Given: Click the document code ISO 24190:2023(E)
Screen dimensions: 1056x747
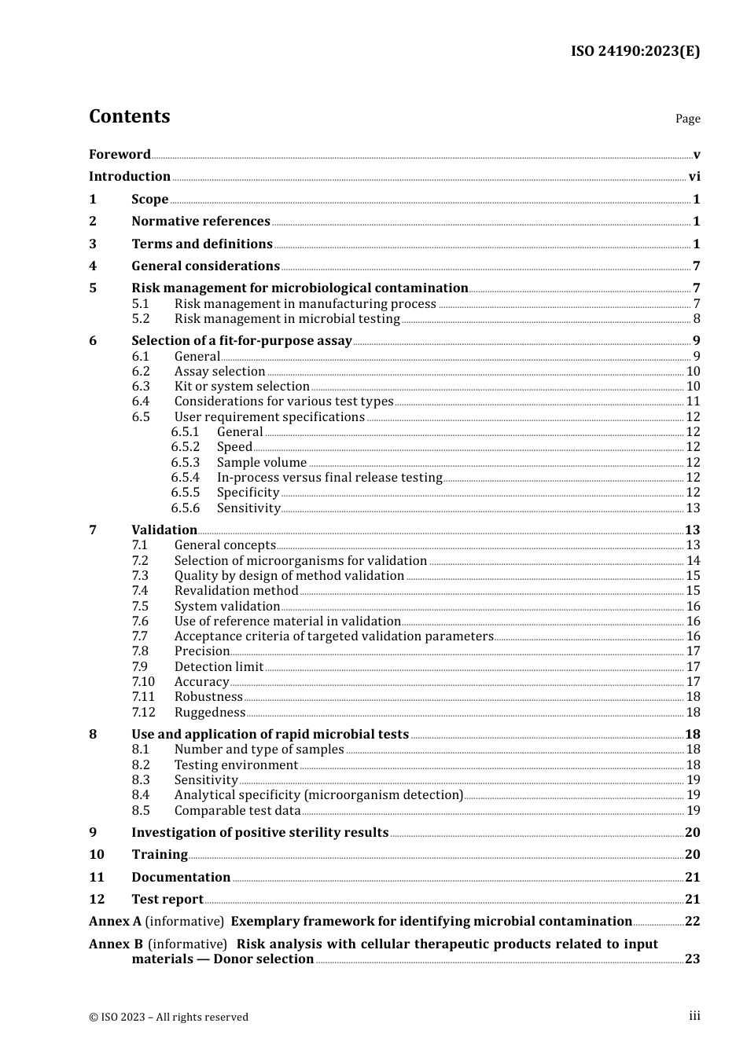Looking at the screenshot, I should point(635,51).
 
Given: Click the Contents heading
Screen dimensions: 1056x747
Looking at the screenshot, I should point(129,116).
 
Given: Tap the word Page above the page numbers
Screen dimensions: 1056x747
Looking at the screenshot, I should point(687,119).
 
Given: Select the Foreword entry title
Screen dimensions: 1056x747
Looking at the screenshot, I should point(120,154).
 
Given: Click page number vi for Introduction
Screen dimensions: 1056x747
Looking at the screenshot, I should point(694,177).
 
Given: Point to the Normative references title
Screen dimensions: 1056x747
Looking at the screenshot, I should point(201,222).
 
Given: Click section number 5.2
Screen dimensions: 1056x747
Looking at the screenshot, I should point(141,319).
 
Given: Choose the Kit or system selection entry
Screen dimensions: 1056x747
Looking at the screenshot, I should point(241,387).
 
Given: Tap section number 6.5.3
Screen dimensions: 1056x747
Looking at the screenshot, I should point(186,463).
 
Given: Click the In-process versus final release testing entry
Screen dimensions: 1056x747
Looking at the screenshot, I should point(329,478).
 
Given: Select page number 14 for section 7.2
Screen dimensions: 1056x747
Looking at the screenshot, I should point(693,561).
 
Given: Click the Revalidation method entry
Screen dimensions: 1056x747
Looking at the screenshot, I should point(236,591).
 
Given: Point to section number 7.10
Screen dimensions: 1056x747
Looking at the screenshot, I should point(143,682).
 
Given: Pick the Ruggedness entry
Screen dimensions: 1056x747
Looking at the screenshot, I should point(209,713).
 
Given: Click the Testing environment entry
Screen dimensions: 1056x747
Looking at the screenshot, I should point(236,765).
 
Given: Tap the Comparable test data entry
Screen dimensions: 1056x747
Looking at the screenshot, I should point(237,811).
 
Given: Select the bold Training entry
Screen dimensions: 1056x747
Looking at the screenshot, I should point(160,855).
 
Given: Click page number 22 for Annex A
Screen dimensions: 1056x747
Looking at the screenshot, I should point(692,922).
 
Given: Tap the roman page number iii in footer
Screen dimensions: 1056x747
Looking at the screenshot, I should point(694,1016).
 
